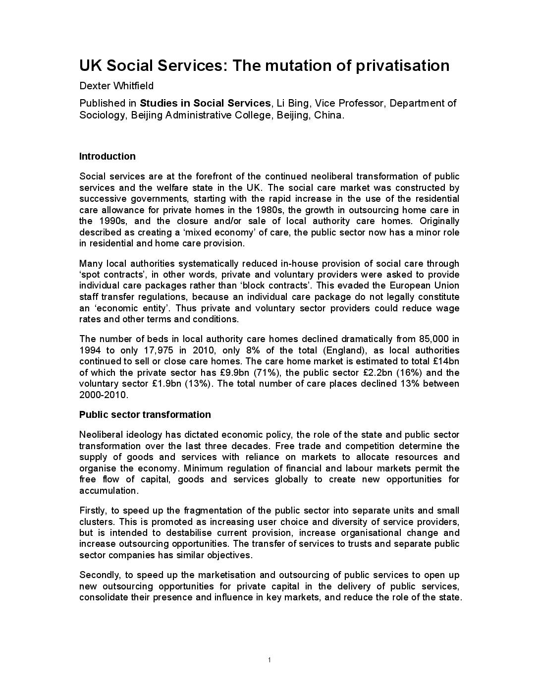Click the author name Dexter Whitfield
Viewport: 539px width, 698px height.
click(116, 86)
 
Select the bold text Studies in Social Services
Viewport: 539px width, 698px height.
click(205, 103)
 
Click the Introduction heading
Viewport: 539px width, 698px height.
click(107, 157)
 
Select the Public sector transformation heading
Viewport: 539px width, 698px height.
click(145, 414)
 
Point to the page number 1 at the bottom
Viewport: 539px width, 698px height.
click(269, 660)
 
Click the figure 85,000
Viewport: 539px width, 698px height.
click(434, 339)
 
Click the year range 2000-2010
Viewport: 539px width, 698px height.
click(103, 395)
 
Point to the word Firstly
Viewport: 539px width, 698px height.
click(92, 511)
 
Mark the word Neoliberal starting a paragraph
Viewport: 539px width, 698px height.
click(99, 435)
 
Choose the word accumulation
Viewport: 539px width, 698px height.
click(108, 491)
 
